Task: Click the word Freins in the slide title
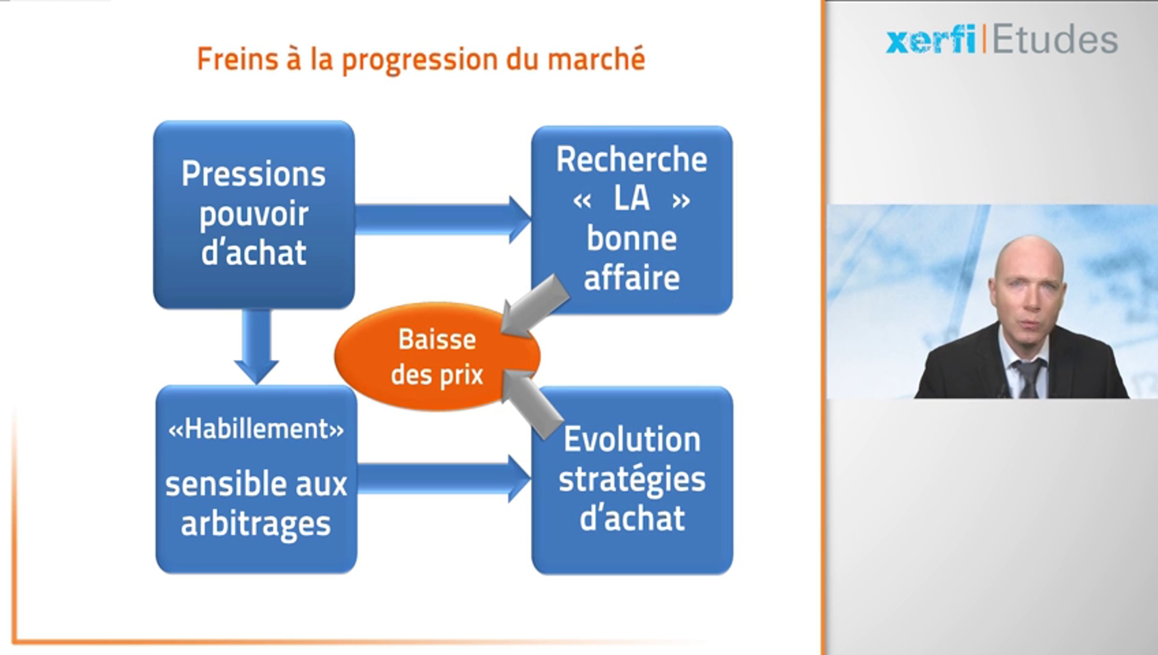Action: coord(238,59)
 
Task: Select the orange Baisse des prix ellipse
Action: coord(437,357)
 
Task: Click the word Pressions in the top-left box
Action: coord(254,174)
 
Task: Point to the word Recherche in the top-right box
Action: coord(632,159)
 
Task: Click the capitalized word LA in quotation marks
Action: coord(631,198)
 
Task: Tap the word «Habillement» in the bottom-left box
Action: coord(256,428)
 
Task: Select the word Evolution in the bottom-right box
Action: coord(632,439)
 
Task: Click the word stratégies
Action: coord(632,479)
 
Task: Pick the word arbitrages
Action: coord(256,524)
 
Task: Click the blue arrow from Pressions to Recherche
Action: coord(443,219)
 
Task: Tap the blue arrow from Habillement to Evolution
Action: coord(444,479)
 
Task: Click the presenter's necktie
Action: coord(1029,379)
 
